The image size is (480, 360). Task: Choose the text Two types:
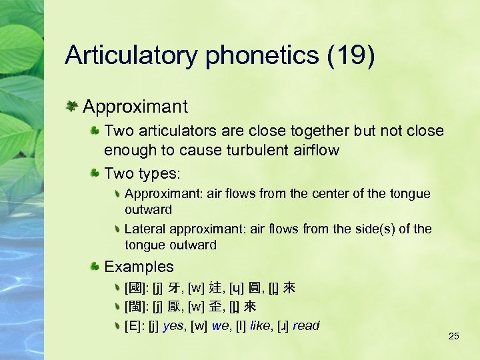tap(142, 173)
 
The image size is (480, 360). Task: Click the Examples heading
tap(139, 267)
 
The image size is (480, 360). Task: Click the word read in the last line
tap(305, 326)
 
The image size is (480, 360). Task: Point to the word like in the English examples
tap(261, 326)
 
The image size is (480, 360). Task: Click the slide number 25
tap(454, 336)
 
